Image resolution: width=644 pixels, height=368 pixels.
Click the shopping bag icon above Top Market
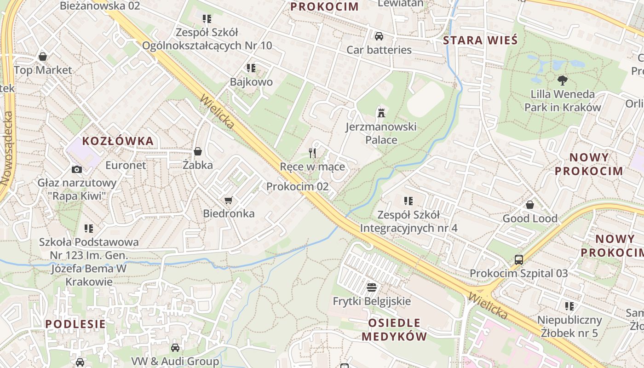(43, 57)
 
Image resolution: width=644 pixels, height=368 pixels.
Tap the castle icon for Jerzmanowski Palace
(381, 112)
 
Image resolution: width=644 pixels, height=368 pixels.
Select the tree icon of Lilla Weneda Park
(562, 80)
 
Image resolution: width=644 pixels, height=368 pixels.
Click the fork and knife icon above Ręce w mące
(312, 153)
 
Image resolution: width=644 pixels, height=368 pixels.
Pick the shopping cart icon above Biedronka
(228, 200)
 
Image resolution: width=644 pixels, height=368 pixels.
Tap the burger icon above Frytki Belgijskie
(372, 287)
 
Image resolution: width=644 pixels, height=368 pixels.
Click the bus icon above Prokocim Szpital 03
(518, 259)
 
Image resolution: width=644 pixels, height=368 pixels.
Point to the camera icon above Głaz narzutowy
(77, 169)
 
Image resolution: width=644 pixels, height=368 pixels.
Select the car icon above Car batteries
(379, 36)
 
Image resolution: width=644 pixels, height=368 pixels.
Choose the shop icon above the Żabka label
(198, 151)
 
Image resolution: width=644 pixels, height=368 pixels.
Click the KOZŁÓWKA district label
(118, 141)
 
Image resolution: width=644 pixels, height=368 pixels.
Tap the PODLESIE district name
(75, 324)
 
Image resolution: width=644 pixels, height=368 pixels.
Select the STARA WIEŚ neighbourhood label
(480, 40)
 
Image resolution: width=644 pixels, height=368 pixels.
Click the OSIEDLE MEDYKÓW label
(394, 330)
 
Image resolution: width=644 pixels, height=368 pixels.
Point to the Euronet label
(126, 165)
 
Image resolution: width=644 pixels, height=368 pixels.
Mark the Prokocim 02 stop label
(297, 186)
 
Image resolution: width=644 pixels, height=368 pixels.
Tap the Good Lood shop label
(529, 218)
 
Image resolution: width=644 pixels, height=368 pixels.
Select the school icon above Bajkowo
(251, 68)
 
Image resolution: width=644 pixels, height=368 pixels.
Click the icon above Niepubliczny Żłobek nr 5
(569, 306)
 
